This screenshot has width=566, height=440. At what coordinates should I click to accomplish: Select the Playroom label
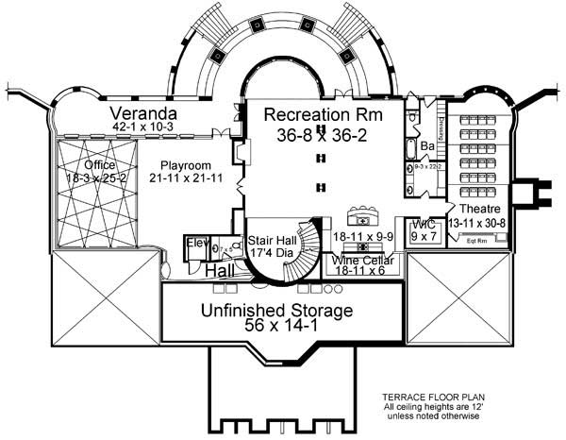[185, 163]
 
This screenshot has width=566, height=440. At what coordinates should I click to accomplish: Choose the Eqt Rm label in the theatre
[478, 240]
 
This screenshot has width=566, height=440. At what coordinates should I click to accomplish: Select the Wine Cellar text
[363, 258]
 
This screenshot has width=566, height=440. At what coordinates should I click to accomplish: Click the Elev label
[197, 244]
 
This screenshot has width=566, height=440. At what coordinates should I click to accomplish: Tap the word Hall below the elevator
[220, 271]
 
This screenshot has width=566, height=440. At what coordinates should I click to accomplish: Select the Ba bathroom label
[426, 146]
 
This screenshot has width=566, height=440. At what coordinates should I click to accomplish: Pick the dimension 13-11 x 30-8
[478, 221]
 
